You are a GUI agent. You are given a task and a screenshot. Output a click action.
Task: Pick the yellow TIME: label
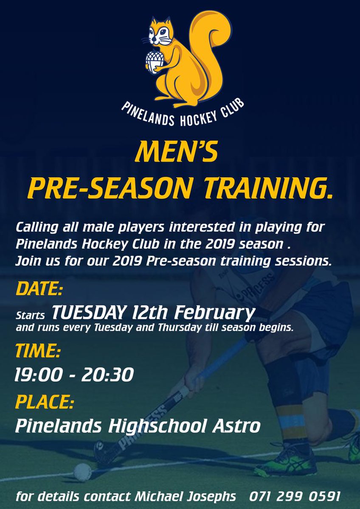[38, 351]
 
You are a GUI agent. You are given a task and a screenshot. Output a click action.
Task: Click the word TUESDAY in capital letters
[88, 313]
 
